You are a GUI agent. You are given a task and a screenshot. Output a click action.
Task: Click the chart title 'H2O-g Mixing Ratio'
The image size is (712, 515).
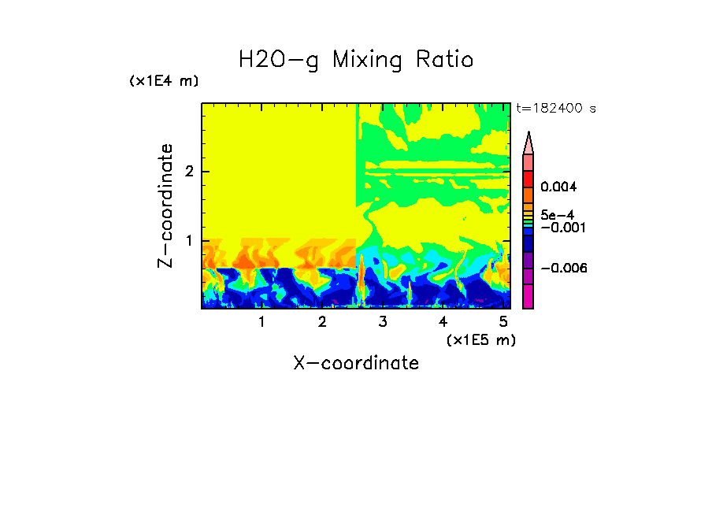pos(356,59)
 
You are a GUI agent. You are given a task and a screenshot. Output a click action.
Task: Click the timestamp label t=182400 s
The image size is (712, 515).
pos(556,108)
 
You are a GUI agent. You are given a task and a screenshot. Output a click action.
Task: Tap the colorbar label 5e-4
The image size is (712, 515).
pos(557,214)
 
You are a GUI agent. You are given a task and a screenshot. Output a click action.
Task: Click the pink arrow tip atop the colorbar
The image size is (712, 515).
pos(528,143)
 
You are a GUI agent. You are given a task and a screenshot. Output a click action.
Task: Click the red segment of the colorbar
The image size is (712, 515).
pos(528,179)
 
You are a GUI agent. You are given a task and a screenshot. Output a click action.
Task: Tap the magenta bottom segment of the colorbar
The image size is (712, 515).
pos(528,297)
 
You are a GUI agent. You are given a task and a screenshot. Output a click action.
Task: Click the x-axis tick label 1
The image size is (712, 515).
pos(261,322)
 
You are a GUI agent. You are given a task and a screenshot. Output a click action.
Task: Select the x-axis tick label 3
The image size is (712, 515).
pos(383,322)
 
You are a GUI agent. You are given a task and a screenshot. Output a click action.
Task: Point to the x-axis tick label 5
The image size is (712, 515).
pos(504,322)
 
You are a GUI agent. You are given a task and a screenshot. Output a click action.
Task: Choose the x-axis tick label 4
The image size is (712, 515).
pos(443,322)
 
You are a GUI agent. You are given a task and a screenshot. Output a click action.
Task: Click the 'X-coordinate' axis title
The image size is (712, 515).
pos(356,363)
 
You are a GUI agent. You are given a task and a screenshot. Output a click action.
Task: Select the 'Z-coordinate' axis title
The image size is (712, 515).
pos(165,206)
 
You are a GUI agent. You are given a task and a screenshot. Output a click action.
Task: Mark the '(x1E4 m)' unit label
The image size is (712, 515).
pos(164,81)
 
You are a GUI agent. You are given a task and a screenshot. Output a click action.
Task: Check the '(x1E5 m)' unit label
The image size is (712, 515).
pos(480,339)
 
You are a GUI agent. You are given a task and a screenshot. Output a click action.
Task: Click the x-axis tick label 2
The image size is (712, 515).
pos(322,322)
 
